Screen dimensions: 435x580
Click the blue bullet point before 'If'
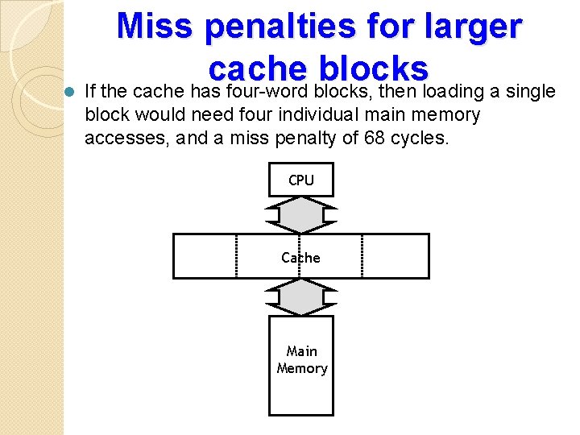point(69,92)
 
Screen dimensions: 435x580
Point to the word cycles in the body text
point(419,138)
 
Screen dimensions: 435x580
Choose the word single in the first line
point(527,92)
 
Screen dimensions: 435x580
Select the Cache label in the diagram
point(300,258)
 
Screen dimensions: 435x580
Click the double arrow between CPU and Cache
point(300,215)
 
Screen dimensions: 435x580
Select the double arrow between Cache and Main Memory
point(300,297)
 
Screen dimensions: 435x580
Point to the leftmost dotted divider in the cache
point(236,256)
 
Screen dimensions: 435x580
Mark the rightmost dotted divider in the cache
point(363,256)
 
